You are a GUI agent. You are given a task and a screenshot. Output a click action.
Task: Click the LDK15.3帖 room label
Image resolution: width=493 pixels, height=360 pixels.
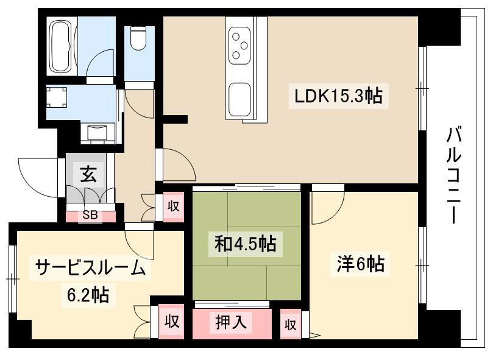click(x=338, y=96)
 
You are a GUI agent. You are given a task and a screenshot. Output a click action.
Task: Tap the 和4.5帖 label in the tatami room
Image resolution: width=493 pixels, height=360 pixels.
click(x=246, y=244)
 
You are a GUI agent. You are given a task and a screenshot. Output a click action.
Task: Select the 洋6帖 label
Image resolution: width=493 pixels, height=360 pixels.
click(x=360, y=264)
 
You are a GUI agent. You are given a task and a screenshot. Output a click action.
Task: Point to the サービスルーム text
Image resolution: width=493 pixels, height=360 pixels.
click(x=90, y=268)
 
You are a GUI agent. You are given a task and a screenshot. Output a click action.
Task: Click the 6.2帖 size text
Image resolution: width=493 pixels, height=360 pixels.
click(x=88, y=295)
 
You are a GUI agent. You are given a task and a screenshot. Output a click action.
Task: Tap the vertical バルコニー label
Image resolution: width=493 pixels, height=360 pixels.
click(x=454, y=175)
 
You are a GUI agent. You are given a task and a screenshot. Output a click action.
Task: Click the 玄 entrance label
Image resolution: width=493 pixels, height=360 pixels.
click(x=88, y=174)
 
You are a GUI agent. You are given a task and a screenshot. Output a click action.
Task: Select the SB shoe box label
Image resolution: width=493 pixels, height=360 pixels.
click(x=90, y=215)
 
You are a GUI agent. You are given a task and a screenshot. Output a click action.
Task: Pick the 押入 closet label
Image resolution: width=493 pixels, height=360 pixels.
click(x=231, y=322)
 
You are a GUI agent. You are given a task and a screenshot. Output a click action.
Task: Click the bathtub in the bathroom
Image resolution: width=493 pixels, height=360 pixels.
click(x=62, y=46)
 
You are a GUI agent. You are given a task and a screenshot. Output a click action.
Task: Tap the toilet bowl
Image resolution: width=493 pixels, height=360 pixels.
click(x=138, y=38)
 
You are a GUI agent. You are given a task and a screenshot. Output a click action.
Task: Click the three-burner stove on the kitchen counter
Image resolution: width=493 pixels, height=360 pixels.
click(x=239, y=46)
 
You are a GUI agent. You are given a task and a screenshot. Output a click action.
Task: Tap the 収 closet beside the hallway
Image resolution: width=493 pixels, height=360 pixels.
click(x=173, y=206)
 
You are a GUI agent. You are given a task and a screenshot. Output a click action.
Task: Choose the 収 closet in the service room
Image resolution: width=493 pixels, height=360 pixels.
click(x=171, y=322)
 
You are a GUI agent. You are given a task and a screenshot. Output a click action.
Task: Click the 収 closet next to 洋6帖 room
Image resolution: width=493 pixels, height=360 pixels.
click(x=290, y=325)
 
